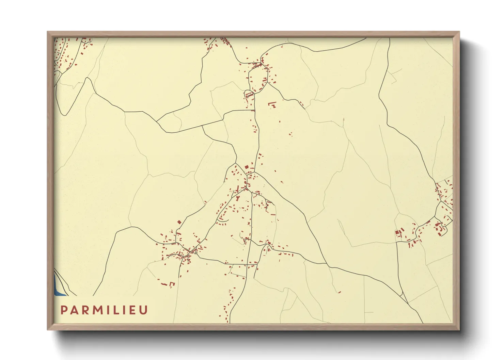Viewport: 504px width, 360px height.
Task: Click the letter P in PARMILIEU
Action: tap(64, 310)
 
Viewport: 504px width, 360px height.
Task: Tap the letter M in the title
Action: tap(98, 310)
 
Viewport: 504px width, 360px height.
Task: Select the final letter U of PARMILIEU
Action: tap(144, 310)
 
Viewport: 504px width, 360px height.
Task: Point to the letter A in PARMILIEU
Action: tap(74, 310)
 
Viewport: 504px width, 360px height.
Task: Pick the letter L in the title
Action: tap(117, 310)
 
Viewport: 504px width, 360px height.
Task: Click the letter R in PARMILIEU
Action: tap(85, 310)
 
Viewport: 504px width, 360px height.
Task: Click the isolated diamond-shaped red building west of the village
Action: tap(179, 222)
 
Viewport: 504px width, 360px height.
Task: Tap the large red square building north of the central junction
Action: tap(247, 167)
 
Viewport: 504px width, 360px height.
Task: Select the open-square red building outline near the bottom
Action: tap(172, 284)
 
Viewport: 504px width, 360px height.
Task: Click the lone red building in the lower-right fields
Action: tap(339, 292)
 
